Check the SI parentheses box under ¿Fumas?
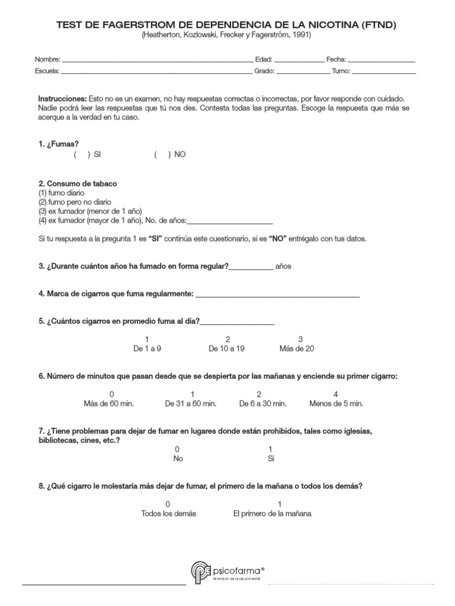tap(82, 154)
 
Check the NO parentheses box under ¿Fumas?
tap(162, 154)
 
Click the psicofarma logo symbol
tap(200, 572)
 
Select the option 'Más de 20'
tap(297, 349)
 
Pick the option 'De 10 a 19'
tap(226, 349)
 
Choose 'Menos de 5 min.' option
tap(336, 404)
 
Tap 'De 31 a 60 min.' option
tap(190, 404)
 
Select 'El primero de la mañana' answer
tap(272, 513)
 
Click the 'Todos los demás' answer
tap(168, 513)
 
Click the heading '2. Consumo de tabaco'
tap(78, 183)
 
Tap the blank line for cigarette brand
tap(277, 294)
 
